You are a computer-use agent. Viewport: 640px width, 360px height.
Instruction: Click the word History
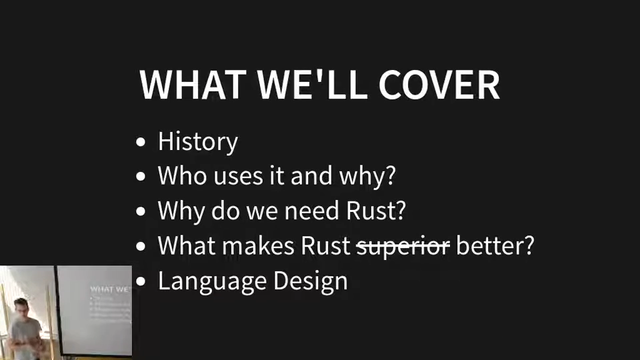pyautogui.click(x=198, y=142)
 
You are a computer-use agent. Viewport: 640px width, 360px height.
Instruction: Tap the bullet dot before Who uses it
pyautogui.click(x=141, y=177)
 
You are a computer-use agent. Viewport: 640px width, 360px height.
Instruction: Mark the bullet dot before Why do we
pyautogui.click(x=141, y=212)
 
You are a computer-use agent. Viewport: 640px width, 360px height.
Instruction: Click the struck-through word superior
pyautogui.click(x=404, y=246)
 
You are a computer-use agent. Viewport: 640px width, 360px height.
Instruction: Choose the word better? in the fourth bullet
pyautogui.click(x=495, y=245)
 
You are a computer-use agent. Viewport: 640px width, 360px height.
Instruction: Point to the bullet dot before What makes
pyautogui.click(x=141, y=246)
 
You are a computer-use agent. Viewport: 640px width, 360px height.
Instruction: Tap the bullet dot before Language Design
pyautogui.click(x=141, y=281)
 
